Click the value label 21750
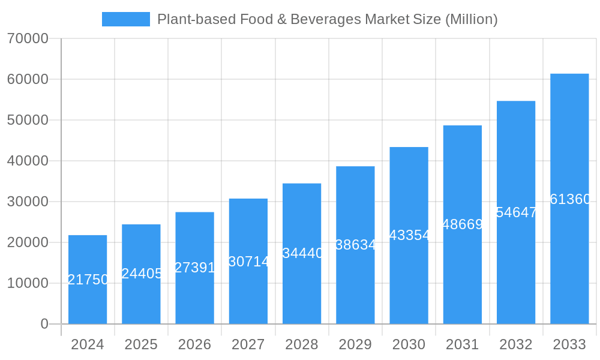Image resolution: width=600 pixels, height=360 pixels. [88, 280]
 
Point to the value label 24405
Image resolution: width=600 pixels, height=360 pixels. [142, 274]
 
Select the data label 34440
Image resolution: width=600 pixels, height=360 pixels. [302, 253]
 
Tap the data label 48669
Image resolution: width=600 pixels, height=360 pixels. [463, 224]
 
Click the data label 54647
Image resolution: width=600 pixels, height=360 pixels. [516, 212]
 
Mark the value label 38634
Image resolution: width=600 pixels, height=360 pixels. [356, 245]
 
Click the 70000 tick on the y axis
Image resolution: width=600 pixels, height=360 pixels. [28, 38]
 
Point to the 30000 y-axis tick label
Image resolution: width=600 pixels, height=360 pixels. [28, 202]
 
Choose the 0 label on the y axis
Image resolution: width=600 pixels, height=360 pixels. [44, 324]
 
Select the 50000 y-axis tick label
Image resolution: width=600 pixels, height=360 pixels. [28, 120]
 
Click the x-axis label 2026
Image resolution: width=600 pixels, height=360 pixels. [194, 344]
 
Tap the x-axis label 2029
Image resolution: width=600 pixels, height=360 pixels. [355, 344]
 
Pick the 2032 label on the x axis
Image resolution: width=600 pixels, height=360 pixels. [516, 344]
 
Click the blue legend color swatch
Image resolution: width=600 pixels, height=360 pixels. [126, 19]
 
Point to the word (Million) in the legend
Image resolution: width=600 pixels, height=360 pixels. [471, 19]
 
